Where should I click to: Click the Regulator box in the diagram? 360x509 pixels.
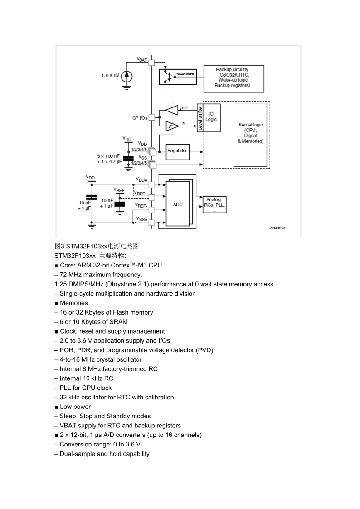[x=177, y=152]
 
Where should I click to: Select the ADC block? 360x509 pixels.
[x=178, y=204]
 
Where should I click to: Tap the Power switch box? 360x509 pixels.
[x=178, y=77]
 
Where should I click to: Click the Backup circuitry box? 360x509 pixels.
[x=234, y=79]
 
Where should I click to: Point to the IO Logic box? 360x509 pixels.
[x=211, y=117]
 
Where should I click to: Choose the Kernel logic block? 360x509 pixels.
[x=250, y=135]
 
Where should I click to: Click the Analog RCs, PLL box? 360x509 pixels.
[x=214, y=204]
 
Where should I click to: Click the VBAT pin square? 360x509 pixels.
[x=151, y=63]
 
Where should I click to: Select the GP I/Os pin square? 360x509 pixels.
[x=151, y=117]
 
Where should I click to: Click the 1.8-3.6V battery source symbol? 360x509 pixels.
[x=126, y=76]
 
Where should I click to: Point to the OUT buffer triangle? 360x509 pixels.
[x=172, y=110]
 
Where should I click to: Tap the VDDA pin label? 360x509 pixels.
[x=141, y=180]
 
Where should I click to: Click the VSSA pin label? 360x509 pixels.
[x=142, y=219]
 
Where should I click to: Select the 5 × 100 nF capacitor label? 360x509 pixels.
[x=108, y=156]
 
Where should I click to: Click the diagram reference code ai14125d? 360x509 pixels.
[x=278, y=228]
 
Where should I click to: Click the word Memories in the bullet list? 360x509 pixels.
[x=74, y=303]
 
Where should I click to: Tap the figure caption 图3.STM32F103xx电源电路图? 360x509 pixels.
[x=97, y=246]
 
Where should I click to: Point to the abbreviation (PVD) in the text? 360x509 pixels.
[x=204, y=350]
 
